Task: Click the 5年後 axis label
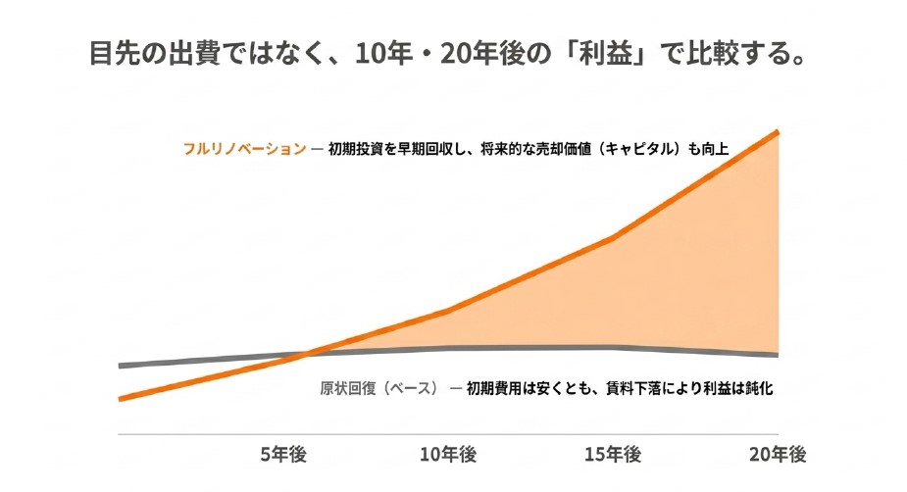click(282, 455)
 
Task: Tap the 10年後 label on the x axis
click(448, 455)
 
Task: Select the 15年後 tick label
click(613, 455)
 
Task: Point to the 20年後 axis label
click(778, 455)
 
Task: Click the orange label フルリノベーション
click(245, 149)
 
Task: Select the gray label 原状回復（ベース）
click(379, 388)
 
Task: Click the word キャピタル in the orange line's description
click(642, 149)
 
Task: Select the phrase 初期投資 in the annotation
click(355, 149)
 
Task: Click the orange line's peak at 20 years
click(778, 132)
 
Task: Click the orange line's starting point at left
click(120, 399)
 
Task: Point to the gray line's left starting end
click(120, 366)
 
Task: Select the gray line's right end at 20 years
click(778, 354)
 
